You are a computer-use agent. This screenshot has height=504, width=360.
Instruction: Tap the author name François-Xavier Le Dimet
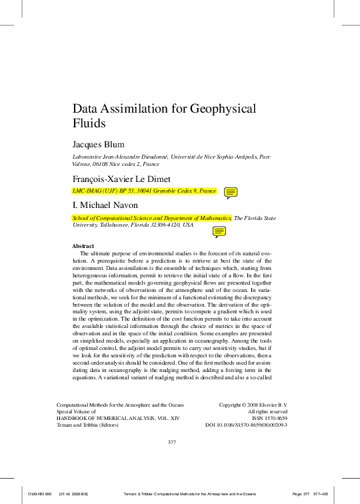(121, 179)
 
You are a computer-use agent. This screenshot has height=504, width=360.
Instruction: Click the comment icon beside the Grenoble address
(231, 193)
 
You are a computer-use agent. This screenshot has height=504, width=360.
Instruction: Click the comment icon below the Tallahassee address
(219, 232)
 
